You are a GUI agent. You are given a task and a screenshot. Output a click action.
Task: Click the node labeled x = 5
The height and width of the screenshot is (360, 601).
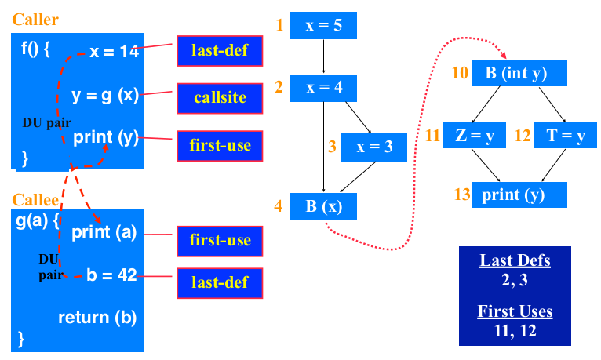point(323,25)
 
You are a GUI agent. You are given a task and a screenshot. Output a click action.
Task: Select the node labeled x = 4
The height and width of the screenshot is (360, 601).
point(323,87)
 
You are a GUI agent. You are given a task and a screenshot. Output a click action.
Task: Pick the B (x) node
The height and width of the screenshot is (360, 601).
point(323,207)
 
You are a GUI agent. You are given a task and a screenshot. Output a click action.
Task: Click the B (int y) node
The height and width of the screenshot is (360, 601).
point(519,74)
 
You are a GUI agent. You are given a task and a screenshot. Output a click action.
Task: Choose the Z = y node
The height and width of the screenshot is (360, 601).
point(475,135)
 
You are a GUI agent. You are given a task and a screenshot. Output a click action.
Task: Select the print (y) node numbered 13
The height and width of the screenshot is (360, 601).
point(519,195)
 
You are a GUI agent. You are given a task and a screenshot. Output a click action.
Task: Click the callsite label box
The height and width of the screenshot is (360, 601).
point(220,98)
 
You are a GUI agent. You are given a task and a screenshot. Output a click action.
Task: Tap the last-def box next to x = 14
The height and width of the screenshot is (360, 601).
point(220,51)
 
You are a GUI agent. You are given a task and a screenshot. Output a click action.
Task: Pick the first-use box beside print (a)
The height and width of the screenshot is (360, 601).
point(220,240)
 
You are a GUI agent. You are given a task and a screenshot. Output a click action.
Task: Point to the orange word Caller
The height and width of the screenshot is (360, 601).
point(35,19)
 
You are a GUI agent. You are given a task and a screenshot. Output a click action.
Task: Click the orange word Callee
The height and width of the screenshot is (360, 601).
point(35,200)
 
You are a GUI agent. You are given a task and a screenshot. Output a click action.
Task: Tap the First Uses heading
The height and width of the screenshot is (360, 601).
point(515,311)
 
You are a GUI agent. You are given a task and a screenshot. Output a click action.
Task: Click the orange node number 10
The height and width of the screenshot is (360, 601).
point(460,74)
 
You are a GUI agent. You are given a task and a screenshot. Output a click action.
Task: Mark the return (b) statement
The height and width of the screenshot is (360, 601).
point(97,318)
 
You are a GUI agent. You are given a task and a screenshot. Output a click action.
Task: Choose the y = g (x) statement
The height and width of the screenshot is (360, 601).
point(105,95)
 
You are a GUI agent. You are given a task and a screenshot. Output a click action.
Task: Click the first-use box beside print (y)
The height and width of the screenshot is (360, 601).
point(220,146)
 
